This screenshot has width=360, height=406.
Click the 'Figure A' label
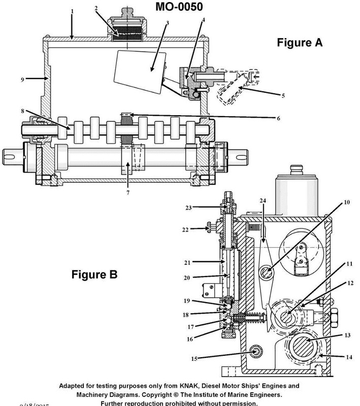[299, 43]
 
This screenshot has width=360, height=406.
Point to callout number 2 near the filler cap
[96, 8]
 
